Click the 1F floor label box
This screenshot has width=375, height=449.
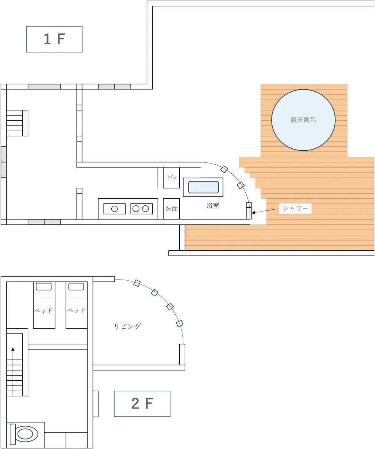click(x=54, y=39)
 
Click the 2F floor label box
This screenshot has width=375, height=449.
click(x=142, y=404)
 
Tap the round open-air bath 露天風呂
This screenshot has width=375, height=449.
click(x=304, y=120)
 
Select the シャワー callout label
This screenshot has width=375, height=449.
click(x=295, y=208)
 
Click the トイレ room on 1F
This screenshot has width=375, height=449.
click(x=171, y=178)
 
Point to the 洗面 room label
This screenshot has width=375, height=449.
click(x=171, y=209)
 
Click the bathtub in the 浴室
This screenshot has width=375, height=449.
click(x=203, y=187)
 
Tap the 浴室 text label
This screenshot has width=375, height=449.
click(x=213, y=206)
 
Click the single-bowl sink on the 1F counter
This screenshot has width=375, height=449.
click(x=114, y=209)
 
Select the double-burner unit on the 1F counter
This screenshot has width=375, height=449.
click(x=141, y=209)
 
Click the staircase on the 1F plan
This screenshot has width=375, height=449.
click(x=17, y=123)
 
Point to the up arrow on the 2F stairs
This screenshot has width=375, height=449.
click(x=13, y=371)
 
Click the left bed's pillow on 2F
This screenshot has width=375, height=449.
click(x=44, y=287)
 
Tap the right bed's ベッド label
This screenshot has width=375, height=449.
click(x=77, y=310)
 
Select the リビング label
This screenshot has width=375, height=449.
click(x=127, y=326)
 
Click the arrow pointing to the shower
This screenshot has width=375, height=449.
click(x=265, y=211)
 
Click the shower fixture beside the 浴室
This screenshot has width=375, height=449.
click(x=249, y=211)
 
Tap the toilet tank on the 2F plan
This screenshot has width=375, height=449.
click(x=12, y=434)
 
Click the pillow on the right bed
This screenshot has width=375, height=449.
click(x=76, y=287)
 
